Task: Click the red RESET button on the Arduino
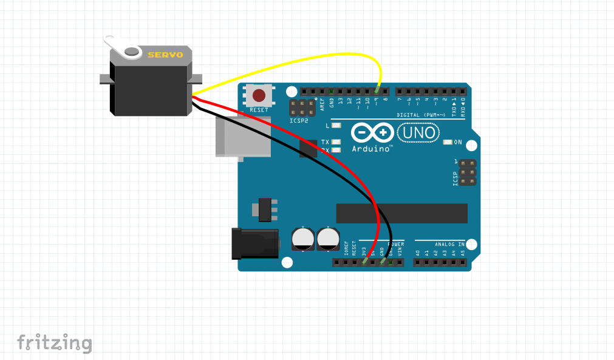pyautogui.click(x=259, y=95)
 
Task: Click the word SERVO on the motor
pyautogui.click(x=165, y=55)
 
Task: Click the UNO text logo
pyautogui.click(x=417, y=132)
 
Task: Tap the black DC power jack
pyautogui.click(x=255, y=243)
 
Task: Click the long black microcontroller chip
pyautogui.click(x=402, y=213)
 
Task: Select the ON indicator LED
pyautogui.click(x=448, y=143)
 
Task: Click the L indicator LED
pyautogui.click(x=336, y=126)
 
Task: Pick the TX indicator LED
pyautogui.click(x=336, y=142)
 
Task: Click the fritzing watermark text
pyautogui.click(x=55, y=343)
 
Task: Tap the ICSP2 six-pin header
pyautogui.click(x=302, y=109)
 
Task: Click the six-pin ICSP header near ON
pyautogui.click(x=467, y=173)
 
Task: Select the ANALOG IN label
pyautogui.click(x=449, y=244)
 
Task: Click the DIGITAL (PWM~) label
pyautogui.click(x=423, y=115)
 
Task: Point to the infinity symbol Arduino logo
pyautogui.click(x=372, y=132)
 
